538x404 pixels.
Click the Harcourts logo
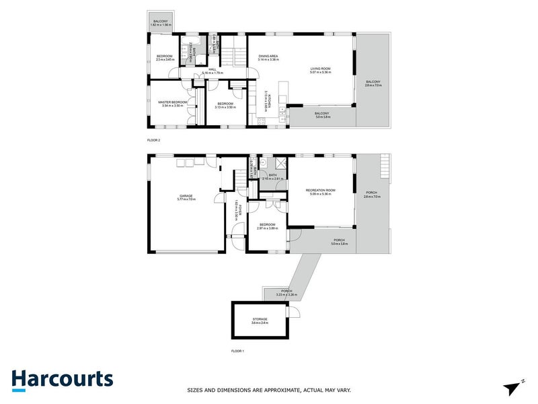(62, 378)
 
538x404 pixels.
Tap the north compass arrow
(513, 387)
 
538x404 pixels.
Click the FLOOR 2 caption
(153, 140)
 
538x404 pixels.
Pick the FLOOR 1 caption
(237, 351)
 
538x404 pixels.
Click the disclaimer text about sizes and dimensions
(268, 390)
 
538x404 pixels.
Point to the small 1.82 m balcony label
(161, 23)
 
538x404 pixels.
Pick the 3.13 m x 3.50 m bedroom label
(224, 105)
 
